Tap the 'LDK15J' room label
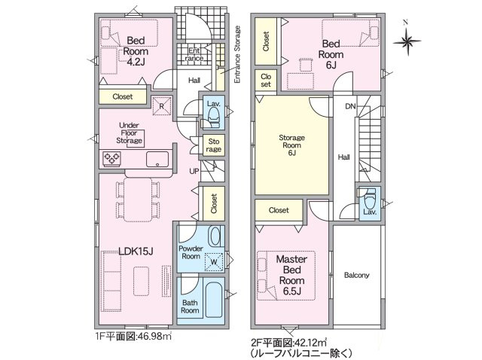coord(135,250)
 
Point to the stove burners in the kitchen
coord(113,159)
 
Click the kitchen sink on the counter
coord(158,158)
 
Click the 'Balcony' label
coord(356,275)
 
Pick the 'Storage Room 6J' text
coord(291,144)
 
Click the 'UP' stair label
coord(193,171)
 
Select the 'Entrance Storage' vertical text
coord(237,54)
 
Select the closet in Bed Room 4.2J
coord(123,96)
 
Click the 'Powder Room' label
coord(191,252)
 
